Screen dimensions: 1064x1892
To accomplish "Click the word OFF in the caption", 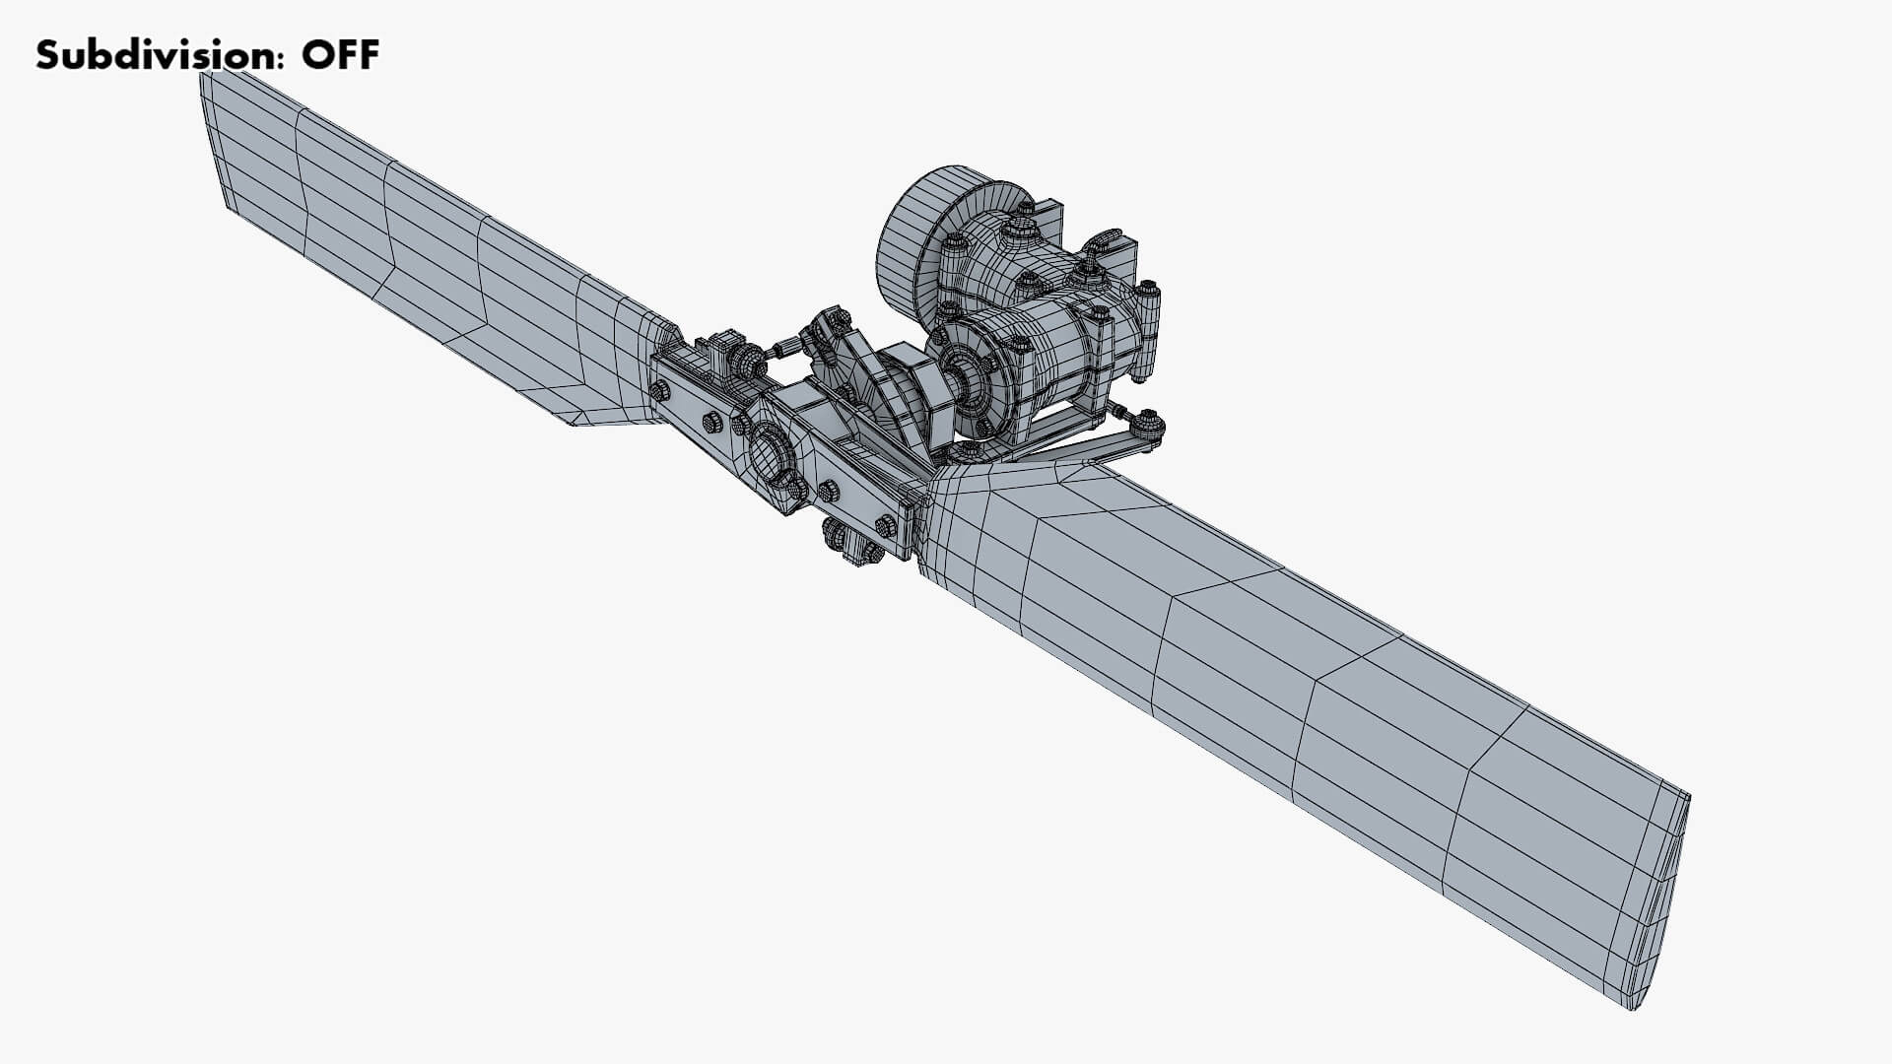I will coord(340,55).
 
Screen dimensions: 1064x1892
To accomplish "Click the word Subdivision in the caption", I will coord(153,55).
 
